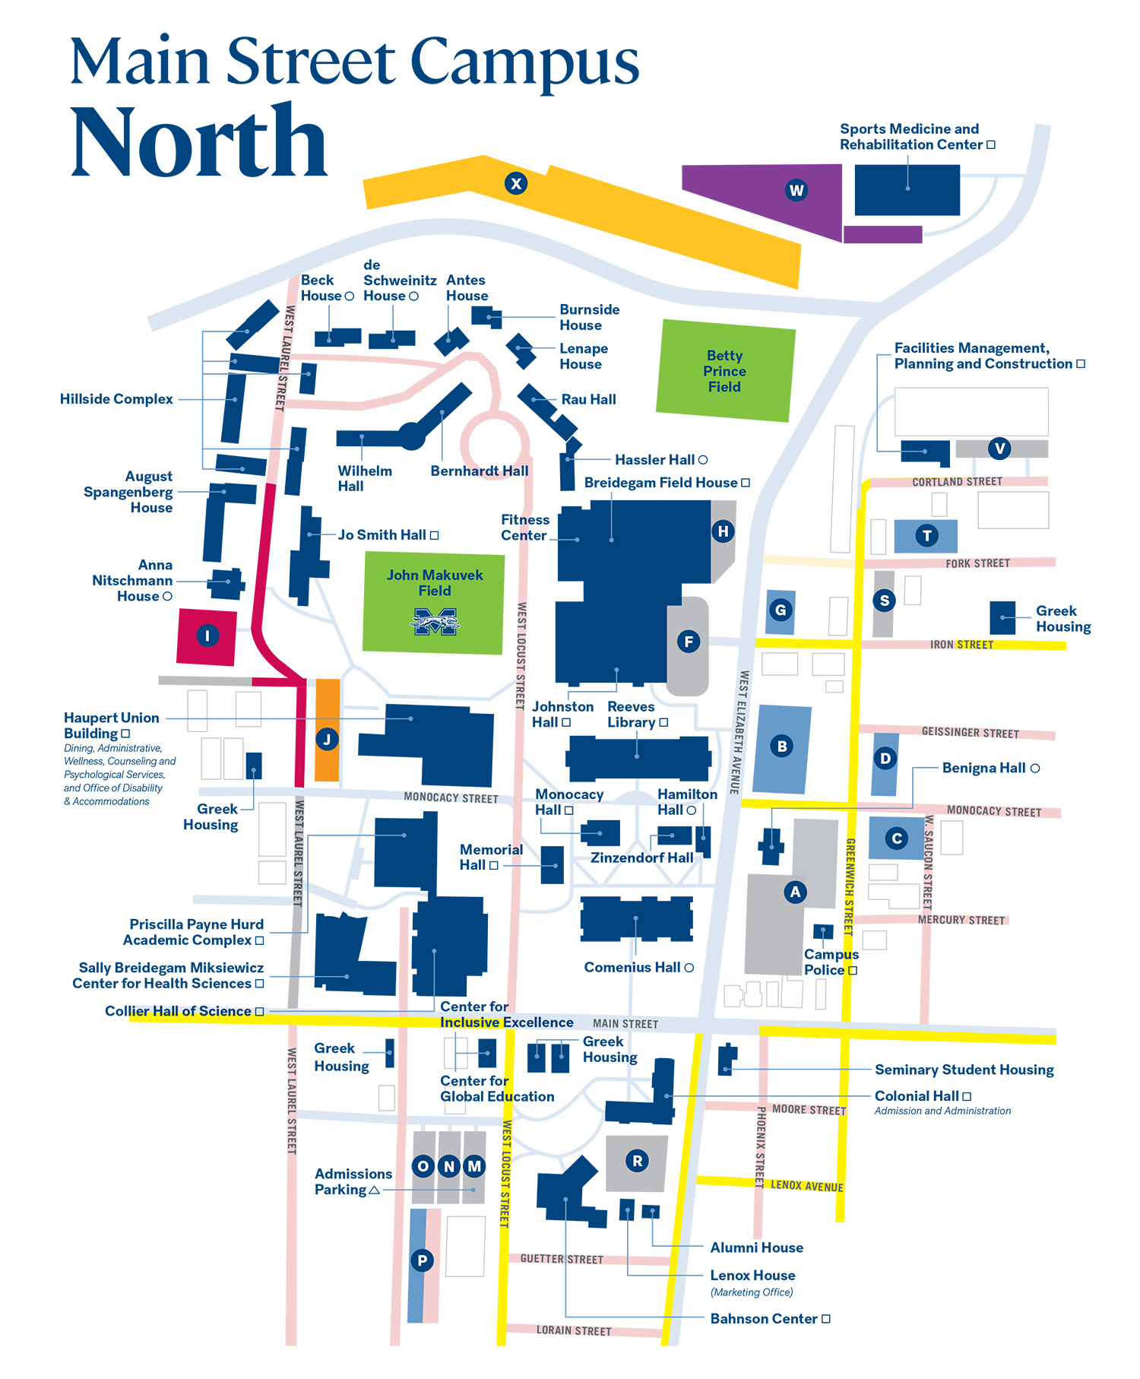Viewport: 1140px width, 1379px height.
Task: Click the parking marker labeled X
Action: [516, 183]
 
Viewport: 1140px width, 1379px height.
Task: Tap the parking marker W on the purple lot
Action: [796, 190]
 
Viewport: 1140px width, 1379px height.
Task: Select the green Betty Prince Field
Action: [725, 371]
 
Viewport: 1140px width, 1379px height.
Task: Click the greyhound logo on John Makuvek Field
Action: [435, 621]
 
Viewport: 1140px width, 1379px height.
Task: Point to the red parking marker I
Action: [207, 636]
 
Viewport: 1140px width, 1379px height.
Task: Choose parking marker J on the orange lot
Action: [327, 738]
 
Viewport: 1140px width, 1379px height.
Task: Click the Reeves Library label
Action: [637, 715]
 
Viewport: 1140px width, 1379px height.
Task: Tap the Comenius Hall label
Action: [638, 967]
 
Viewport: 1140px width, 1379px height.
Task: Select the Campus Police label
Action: [831, 962]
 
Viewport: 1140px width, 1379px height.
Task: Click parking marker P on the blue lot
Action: [422, 1260]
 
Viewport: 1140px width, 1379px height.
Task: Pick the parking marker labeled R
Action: [637, 1161]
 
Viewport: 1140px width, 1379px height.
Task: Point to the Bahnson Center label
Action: [770, 1319]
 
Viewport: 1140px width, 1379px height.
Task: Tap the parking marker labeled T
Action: [926, 536]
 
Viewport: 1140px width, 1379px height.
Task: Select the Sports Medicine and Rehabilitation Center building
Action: [907, 189]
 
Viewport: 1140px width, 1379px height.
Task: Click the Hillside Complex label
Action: [116, 399]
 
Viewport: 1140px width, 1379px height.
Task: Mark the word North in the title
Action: [198, 141]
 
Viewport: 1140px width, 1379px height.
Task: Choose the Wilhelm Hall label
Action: [365, 478]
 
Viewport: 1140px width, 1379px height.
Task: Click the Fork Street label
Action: [978, 563]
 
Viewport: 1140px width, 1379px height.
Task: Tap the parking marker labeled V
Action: [1000, 449]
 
